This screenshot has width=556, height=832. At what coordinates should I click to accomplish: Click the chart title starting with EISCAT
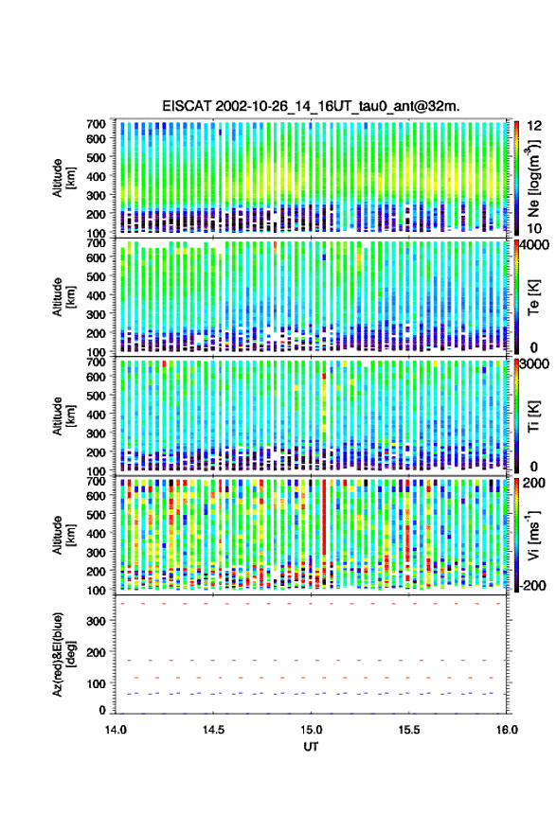[311, 106]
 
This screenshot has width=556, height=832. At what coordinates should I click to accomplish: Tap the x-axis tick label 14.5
[213, 730]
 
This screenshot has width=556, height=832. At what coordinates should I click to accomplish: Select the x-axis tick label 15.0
[312, 730]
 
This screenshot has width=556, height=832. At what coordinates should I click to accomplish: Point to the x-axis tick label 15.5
[409, 730]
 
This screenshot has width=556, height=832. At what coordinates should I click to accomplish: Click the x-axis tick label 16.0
[507, 730]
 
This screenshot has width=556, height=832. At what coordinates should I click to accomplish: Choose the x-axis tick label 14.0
[116, 730]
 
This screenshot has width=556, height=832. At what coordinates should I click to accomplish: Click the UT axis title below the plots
[311, 747]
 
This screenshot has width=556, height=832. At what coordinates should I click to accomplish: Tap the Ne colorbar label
[533, 178]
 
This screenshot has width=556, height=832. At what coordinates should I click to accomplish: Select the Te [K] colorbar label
[533, 297]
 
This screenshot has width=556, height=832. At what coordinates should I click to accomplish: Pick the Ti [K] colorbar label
[533, 416]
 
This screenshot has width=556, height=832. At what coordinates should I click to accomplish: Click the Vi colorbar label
[533, 535]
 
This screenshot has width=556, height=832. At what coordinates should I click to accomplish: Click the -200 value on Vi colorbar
[532, 586]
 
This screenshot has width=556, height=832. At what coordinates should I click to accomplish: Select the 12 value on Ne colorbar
[534, 126]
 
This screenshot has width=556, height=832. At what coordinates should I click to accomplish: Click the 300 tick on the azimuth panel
[96, 621]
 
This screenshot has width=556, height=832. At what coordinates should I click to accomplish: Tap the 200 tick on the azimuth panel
[96, 652]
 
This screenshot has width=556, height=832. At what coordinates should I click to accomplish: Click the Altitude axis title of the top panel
[63, 178]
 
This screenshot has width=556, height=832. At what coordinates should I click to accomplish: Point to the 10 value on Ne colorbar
[534, 229]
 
